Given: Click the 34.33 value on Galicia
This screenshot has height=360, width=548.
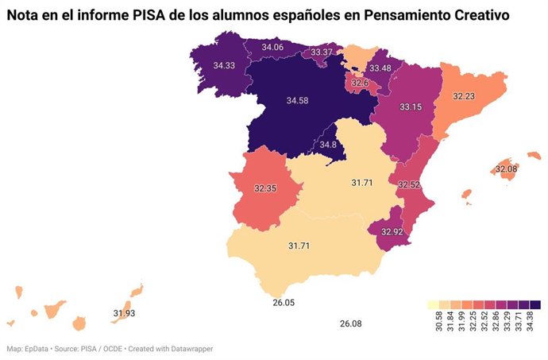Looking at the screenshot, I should tap(223, 66).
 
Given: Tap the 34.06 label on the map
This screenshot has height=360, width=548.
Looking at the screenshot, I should tap(272, 48).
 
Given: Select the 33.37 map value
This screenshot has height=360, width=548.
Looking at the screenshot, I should tap(322, 52).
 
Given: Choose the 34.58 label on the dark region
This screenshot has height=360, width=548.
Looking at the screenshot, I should tap(297, 100).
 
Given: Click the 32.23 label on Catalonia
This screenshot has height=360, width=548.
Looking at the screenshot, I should tap(464, 95).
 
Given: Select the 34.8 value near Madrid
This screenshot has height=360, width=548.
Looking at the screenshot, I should tap(329, 145).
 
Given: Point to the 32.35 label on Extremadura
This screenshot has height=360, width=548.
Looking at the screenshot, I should tap(265, 189).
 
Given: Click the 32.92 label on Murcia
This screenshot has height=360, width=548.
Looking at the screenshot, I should tap(392, 232).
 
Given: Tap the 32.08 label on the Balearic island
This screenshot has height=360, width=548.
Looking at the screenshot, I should tap(506, 169).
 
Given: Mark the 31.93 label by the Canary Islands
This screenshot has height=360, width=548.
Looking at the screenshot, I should tap(124, 313).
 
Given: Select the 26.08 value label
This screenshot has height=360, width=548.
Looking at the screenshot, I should tap(350, 323).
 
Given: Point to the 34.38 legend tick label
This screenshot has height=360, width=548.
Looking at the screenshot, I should tap(536, 323).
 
